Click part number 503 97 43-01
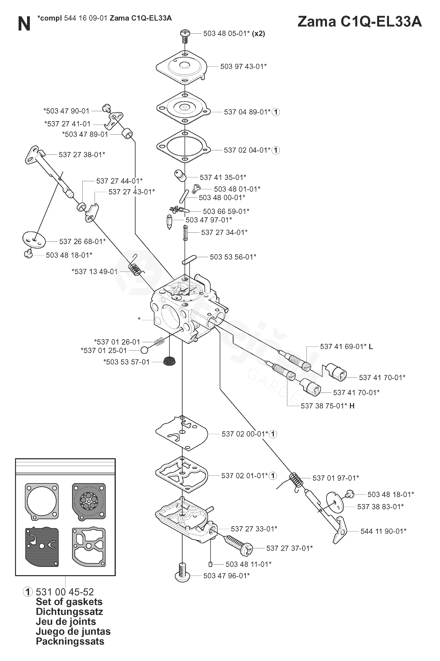pyautogui.click(x=243, y=67)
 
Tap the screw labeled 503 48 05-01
pyautogui.click(x=185, y=36)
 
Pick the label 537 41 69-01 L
pyautogui.click(x=346, y=347)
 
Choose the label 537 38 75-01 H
pyautogui.click(x=327, y=406)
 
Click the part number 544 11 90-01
pyautogui.click(x=383, y=531)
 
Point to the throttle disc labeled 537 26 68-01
pyautogui.click(x=34, y=240)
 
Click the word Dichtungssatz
pyautogui.click(x=69, y=612)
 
